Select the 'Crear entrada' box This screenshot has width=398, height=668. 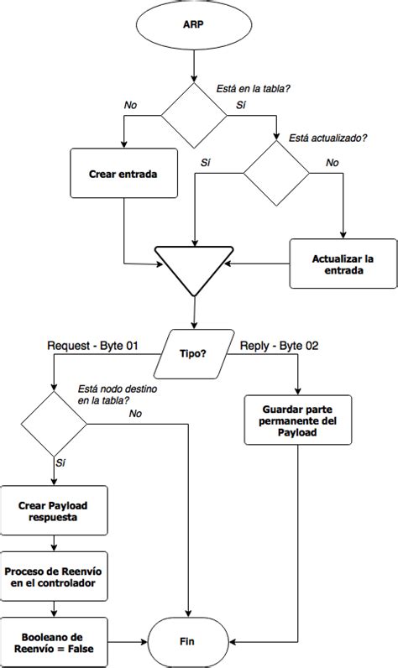123,175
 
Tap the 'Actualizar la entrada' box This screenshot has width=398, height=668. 343,264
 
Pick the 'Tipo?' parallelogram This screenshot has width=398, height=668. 194,353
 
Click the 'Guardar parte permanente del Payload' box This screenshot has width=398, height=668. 298,419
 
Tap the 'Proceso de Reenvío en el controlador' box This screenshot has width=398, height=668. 55,577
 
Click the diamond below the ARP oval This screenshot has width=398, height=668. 195,116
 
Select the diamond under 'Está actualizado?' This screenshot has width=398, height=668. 276,174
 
